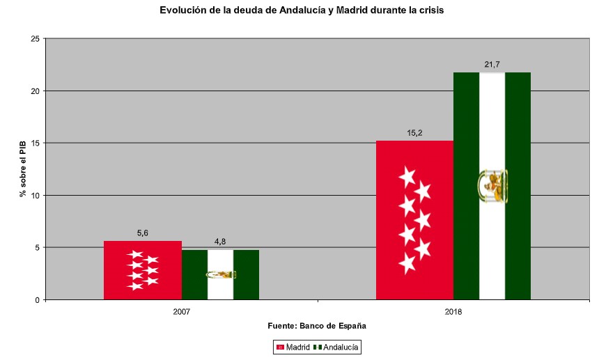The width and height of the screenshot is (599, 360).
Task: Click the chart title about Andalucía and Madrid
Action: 301,10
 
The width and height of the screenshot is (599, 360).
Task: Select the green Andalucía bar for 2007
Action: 220,274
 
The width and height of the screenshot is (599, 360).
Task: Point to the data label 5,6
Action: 143,234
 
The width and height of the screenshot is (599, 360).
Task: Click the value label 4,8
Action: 220,242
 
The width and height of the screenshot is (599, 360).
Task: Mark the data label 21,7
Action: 492,65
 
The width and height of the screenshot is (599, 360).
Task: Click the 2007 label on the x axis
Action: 181,312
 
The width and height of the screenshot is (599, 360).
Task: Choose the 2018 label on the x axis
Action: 453,312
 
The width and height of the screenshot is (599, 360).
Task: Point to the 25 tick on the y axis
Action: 34,39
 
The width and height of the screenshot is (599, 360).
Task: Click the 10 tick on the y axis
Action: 34,195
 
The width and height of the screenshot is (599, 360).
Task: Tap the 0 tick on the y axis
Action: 36,299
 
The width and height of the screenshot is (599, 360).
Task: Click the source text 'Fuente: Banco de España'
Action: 317,326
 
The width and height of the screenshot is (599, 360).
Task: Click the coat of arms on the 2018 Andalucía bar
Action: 492,185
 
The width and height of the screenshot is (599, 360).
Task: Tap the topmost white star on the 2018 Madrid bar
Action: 407,175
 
